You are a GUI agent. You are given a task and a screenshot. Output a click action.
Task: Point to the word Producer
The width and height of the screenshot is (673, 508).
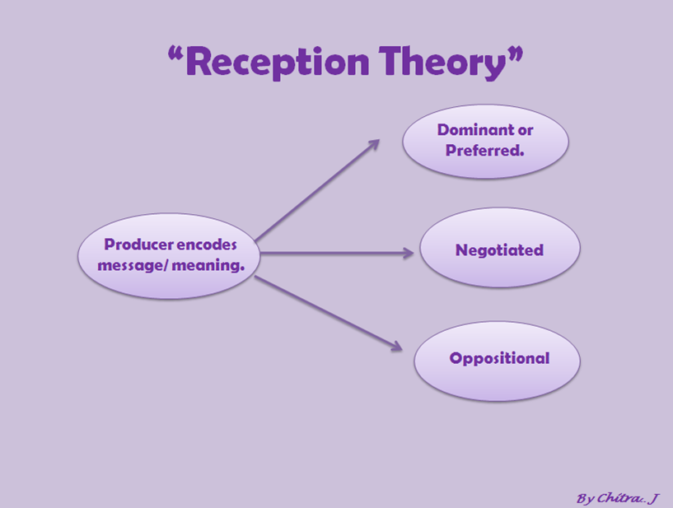pyautogui.click(x=138, y=245)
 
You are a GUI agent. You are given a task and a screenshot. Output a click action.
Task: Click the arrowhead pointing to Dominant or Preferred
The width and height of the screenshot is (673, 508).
pyautogui.click(x=374, y=144)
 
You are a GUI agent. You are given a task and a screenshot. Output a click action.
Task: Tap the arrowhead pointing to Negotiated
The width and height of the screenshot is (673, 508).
pyautogui.click(x=409, y=254)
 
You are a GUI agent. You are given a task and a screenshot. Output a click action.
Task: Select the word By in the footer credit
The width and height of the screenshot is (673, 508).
pyautogui.click(x=584, y=498)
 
